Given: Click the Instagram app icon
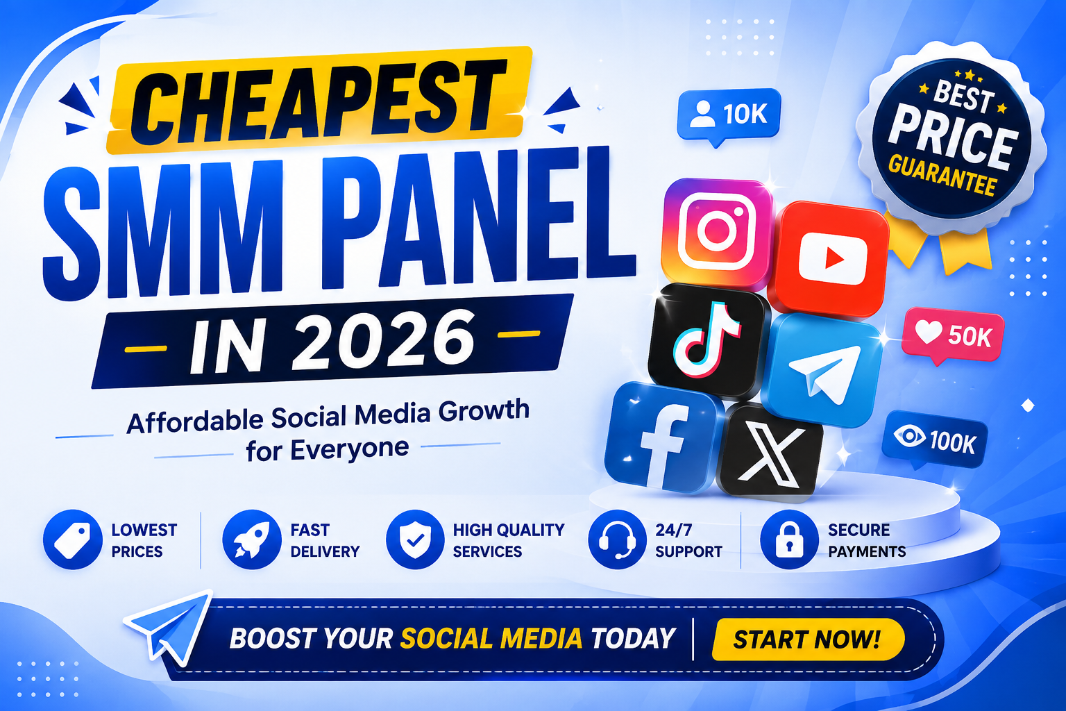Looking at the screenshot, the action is [x=717, y=233].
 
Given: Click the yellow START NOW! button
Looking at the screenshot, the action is [x=808, y=639].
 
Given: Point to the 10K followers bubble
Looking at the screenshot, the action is [x=729, y=115].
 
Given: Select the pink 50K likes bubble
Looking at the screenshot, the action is [x=953, y=335].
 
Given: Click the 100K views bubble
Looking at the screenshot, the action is [x=935, y=440].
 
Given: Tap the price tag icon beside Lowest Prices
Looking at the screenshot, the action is [x=72, y=539].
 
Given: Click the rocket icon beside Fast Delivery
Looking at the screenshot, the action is [x=251, y=539].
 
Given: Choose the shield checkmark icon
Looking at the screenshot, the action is [x=415, y=539].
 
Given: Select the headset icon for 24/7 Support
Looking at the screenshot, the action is [x=617, y=539].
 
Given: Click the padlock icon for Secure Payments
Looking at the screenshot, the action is [x=790, y=539].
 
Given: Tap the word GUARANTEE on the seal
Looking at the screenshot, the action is [x=942, y=175].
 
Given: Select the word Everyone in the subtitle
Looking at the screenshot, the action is [x=349, y=449].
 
